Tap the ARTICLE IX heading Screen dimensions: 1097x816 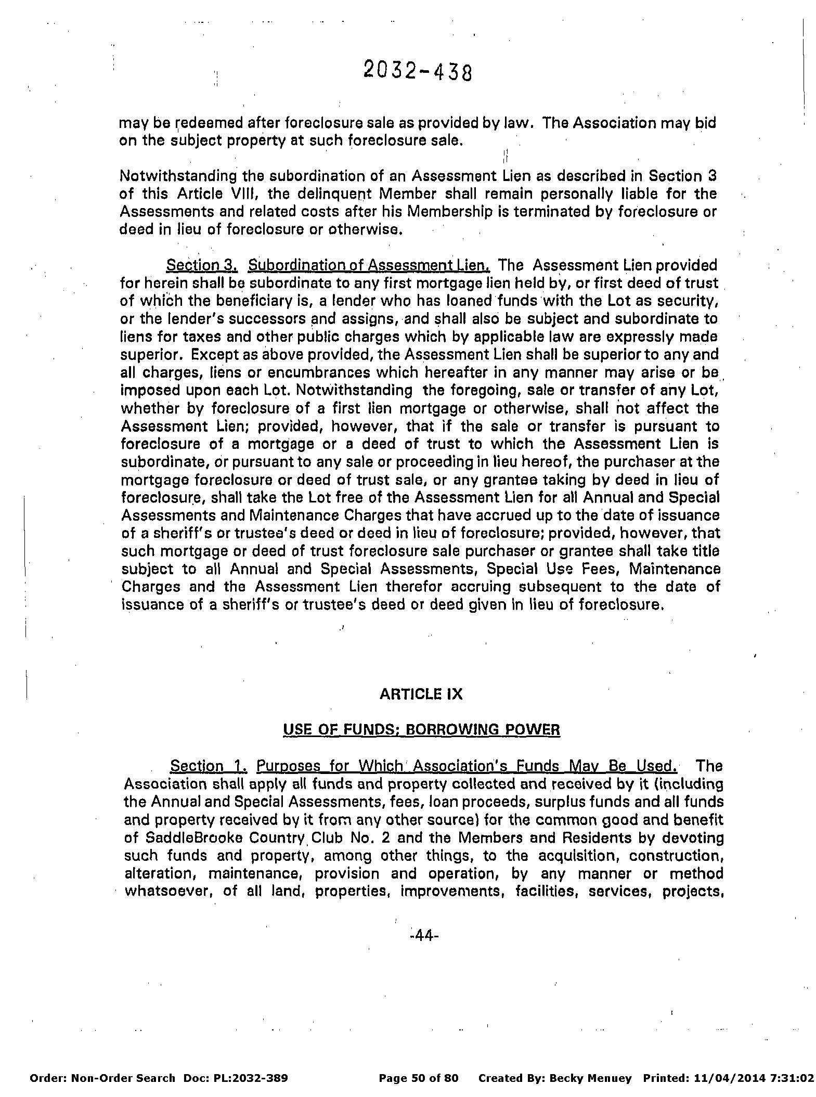tap(421, 694)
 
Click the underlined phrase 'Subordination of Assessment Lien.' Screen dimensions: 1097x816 tap(369, 265)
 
